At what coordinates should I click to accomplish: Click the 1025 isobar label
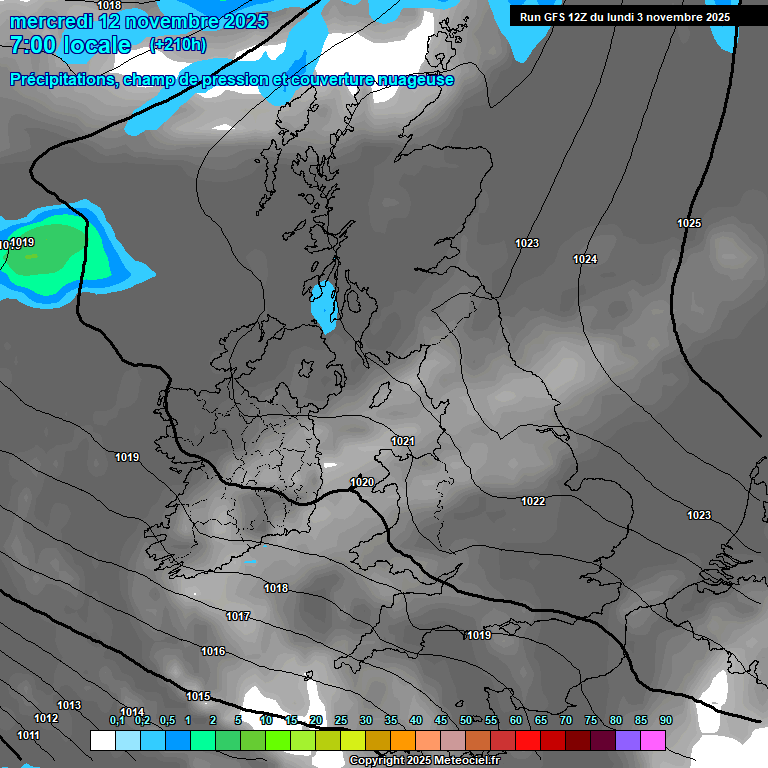pyautogui.click(x=689, y=223)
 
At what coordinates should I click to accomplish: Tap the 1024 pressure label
pyautogui.click(x=585, y=260)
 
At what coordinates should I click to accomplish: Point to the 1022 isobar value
pyautogui.click(x=533, y=501)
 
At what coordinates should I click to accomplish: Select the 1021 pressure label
pyautogui.click(x=403, y=441)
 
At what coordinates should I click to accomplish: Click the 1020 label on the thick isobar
pyautogui.click(x=362, y=482)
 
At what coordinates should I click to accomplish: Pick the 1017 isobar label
pyautogui.click(x=238, y=616)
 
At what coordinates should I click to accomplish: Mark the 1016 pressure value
pyautogui.click(x=213, y=651)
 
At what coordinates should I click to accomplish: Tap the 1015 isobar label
pyautogui.click(x=198, y=696)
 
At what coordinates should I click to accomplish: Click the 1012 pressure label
pyautogui.click(x=46, y=718)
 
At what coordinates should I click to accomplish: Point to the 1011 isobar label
pyautogui.click(x=28, y=735)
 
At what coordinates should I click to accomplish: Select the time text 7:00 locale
pyautogui.click(x=70, y=45)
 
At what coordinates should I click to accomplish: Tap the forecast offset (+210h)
pyautogui.click(x=178, y=45)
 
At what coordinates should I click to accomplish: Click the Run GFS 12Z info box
pyautogui.click(x=625, y=17)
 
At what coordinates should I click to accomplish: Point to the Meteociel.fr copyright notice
pyautogui.click(x=425, y=761)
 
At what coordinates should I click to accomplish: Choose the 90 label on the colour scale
pyautogui.click(x=665, y=720)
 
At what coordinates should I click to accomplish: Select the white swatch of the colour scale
pyautogui.click(x=102, y=740)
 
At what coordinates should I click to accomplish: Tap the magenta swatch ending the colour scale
pyautogui.click(x=653, y=740)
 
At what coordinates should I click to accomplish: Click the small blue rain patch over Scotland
pyautogui.click(x=322, y=306)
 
